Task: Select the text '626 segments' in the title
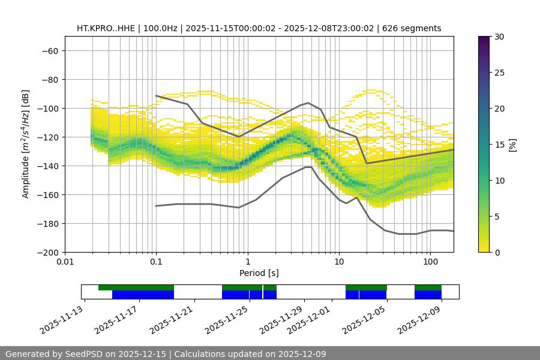415,28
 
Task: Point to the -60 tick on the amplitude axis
49,50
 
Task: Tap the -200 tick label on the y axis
47,252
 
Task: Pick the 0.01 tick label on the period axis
65,262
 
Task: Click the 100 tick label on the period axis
430,262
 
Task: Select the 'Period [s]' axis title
259,273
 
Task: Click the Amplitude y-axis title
26,144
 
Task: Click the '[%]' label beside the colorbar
512,145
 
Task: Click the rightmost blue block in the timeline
428,295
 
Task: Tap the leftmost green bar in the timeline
136,287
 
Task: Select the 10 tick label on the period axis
339,262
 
